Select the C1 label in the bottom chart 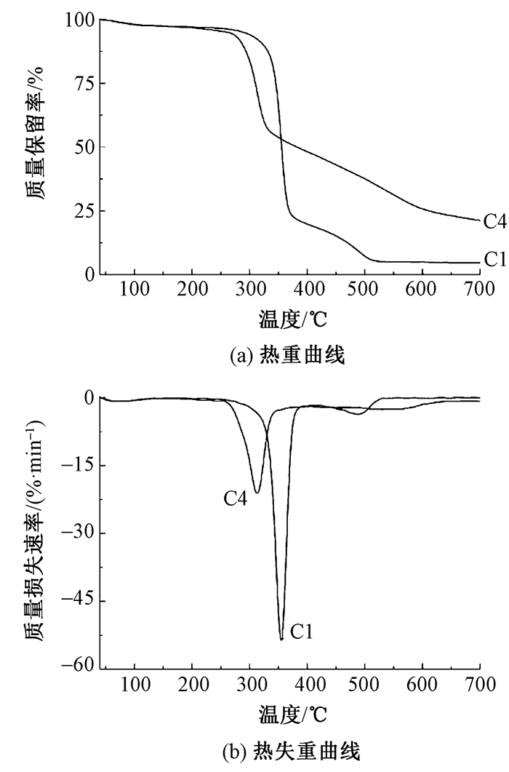tap(302, 632)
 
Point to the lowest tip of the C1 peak tap(281, 639)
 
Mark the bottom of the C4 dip tap(256, 493)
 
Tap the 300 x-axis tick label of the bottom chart tap(249, 685)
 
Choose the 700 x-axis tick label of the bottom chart tap(480, 685)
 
